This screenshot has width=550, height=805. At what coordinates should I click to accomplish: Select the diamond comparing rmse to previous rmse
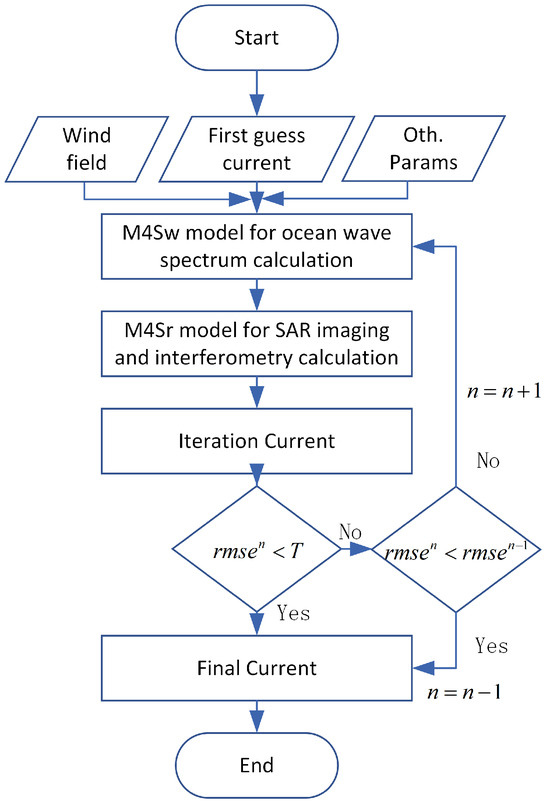456,548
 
